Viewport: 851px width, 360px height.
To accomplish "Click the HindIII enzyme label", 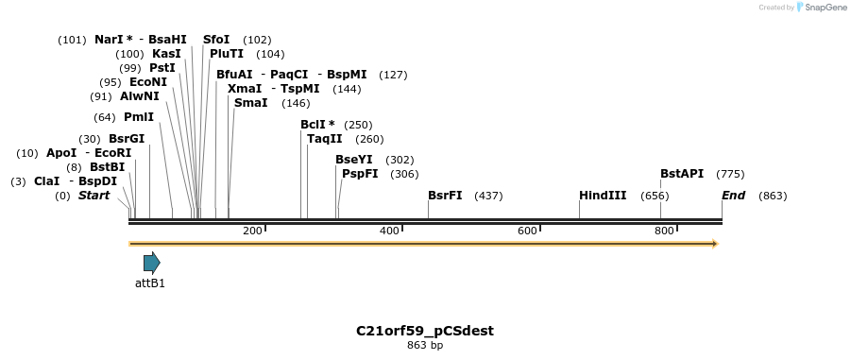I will tap(603, 196).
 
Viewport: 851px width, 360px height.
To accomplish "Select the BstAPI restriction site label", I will tap(682, 174).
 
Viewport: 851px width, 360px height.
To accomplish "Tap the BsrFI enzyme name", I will tap(445, 196).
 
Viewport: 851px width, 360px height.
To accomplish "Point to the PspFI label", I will tap(360, 174).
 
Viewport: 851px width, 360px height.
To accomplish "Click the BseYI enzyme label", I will tap(354, 160).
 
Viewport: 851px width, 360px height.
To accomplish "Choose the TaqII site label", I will tap(324, 139).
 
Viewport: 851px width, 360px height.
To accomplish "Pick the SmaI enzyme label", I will tap(250, 103).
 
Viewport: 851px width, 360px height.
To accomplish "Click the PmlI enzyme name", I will tap(138, 117).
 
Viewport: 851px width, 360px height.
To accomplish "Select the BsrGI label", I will tap(127, 139).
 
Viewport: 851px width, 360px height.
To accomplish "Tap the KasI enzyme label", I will tap(166, 54).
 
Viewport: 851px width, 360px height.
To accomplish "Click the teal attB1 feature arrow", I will tap(151, 263).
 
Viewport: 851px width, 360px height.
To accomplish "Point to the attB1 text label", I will tap(150, 283).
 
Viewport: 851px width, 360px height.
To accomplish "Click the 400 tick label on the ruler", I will tap(389, 231).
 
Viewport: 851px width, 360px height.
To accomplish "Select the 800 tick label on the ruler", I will tap(664, 231).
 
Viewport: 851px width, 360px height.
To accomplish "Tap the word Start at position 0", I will tap(94, 196).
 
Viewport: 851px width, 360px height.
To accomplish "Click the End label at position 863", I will tap(733, 196).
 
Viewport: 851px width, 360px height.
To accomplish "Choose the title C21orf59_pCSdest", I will tap(425, 331).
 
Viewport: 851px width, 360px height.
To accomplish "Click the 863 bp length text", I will tap(425, 345).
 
